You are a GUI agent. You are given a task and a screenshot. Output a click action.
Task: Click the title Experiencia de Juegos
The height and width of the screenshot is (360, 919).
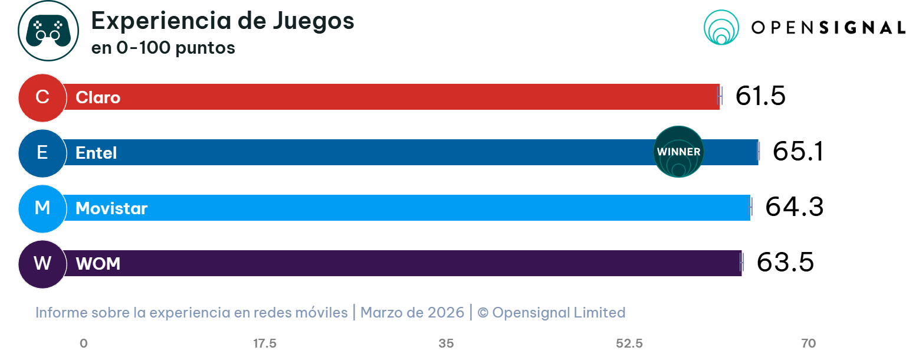pos(222,21)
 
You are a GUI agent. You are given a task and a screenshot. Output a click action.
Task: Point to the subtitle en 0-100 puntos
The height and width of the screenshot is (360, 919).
pos(163,48)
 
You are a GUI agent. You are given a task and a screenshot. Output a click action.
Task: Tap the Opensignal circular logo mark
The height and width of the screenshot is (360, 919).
pos(721,27)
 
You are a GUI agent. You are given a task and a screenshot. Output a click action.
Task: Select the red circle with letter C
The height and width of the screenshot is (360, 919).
pos(42,97)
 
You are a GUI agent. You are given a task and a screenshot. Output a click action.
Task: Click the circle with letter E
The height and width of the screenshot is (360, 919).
pos(42,153)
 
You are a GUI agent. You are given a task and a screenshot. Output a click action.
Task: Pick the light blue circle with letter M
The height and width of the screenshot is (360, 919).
pos(42,208)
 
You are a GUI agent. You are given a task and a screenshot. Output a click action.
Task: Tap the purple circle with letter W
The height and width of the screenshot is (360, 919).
pos(42,264)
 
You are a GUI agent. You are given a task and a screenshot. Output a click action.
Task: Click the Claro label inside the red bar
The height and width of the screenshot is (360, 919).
pos(98,97)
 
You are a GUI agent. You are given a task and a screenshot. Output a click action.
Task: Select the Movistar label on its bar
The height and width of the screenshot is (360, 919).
pos(111,208)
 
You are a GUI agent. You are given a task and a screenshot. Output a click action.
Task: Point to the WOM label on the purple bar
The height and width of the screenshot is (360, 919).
pos(98,264)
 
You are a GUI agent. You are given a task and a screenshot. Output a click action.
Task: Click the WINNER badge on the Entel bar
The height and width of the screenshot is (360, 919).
pos(679,152)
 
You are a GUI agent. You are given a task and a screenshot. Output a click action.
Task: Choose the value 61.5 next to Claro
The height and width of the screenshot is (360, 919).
pos(760,96)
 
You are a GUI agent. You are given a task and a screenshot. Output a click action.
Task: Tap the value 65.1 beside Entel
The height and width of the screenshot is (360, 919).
pos(797,152)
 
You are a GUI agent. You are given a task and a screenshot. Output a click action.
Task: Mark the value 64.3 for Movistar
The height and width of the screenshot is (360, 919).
pos(794,207)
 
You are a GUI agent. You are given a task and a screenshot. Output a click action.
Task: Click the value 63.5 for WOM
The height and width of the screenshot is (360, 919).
pos(785,263)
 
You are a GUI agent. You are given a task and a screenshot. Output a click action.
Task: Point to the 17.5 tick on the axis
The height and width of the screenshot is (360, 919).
pos(265,343)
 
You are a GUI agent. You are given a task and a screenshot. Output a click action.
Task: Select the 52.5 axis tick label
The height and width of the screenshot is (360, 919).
pos(629,343)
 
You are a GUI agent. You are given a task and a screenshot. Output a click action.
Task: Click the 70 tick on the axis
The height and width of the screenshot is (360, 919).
pos(809,343)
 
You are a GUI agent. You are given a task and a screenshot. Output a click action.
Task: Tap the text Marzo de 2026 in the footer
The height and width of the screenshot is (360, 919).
pos(412,312)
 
